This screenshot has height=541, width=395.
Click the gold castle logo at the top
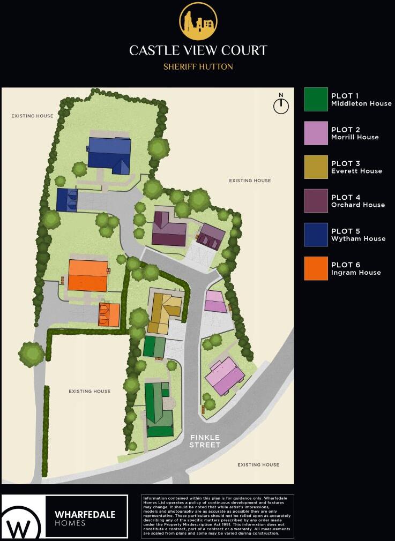[x=198, y=21]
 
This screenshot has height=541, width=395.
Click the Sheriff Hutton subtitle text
[x=198, y=67]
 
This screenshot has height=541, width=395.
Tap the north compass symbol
[x=281, y=105]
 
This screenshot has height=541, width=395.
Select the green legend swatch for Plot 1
[x=316, y=100]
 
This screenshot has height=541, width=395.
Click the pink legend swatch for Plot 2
[x=316, y=133]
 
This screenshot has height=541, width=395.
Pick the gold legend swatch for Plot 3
[x=316, y=167]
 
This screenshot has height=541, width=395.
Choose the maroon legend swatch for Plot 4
[x=316, y=201]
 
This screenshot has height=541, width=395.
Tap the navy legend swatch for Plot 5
[x=316, y=235]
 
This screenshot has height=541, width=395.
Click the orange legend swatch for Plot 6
[x=316, y=268]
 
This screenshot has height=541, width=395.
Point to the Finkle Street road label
[x=205, y=441]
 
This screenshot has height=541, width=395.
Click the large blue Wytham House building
[x=110, y=154]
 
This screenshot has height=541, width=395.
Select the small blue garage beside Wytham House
[x=67, y=200]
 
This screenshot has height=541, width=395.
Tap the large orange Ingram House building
[x=88, y=275]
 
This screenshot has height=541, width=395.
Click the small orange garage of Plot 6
[x=109, y=315]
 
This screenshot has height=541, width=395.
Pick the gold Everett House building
[x=165, y=312]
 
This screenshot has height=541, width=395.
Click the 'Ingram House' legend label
[x=356, y=273]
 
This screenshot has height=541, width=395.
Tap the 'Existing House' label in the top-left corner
[x=33, y=116]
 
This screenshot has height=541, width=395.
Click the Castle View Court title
[x=198, y=50]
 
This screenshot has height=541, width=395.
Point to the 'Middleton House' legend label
[x=361, y=103]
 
